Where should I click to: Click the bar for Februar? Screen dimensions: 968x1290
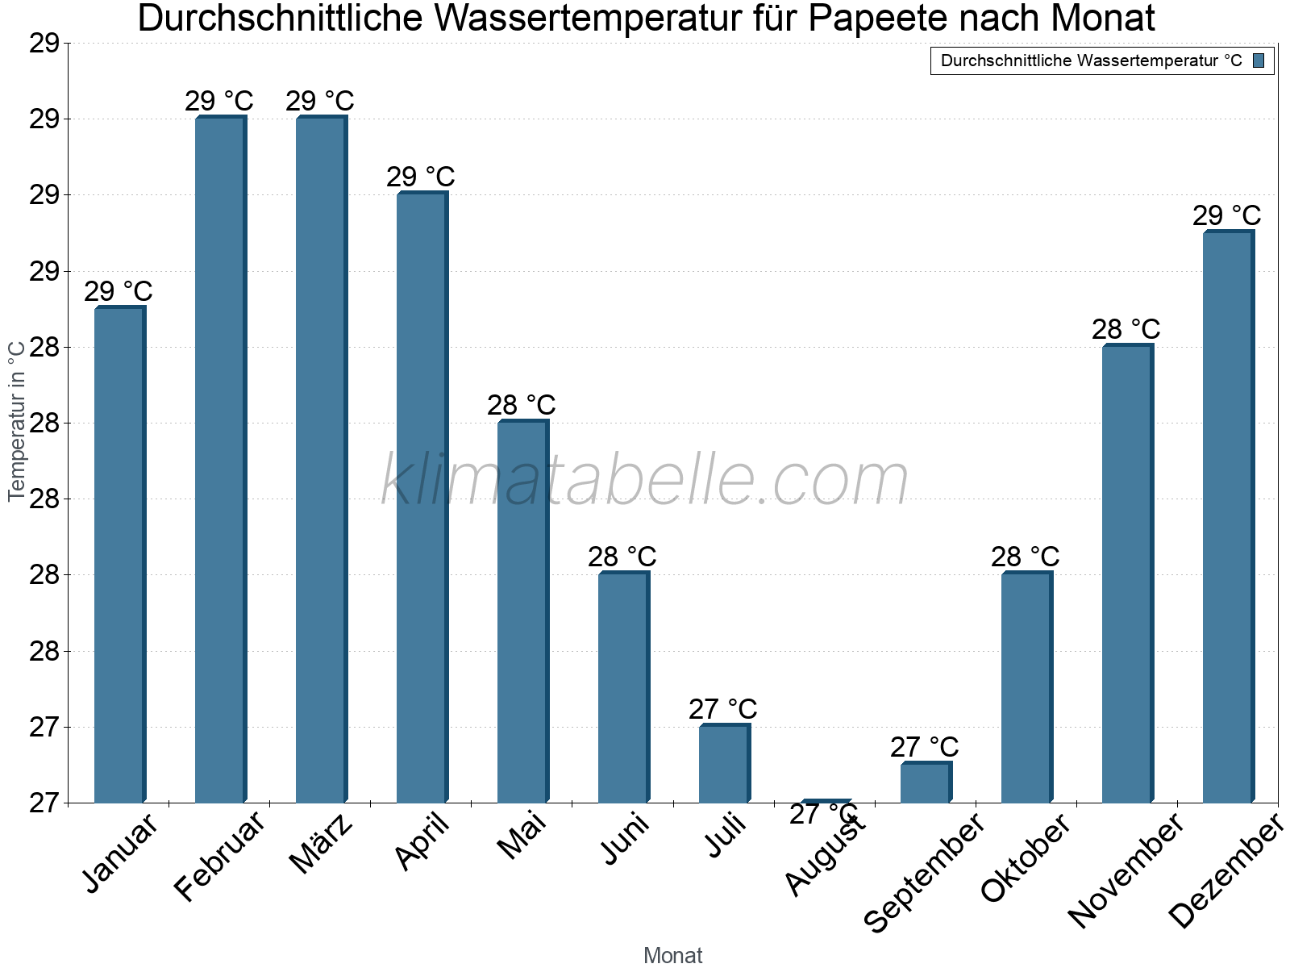point(220,460)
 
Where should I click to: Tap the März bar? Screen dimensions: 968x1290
point(321,460)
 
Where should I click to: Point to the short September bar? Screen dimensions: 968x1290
point(926,782)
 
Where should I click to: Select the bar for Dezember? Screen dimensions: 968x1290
point(1228,517)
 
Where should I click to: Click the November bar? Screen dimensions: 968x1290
point(1127,574)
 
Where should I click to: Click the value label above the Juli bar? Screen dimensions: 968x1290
point(723,709)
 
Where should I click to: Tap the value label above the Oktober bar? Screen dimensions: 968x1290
point(1026,557)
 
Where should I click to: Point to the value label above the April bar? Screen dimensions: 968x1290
point(421,177)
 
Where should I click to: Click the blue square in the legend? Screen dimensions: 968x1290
point(1259,60)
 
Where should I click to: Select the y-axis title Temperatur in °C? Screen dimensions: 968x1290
point(17,421)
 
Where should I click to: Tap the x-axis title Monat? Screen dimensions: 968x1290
point(673,956)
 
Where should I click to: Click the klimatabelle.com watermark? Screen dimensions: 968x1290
point(645,479)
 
